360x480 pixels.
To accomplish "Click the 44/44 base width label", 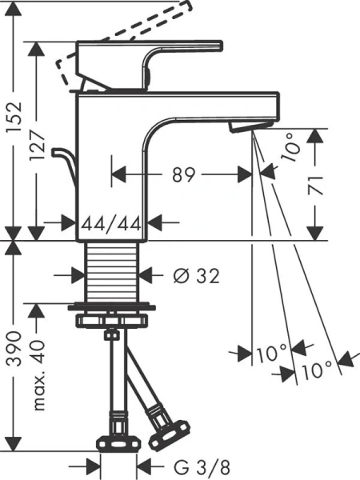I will [x=112, y=223].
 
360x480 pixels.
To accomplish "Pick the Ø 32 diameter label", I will [x=196, y=276].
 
